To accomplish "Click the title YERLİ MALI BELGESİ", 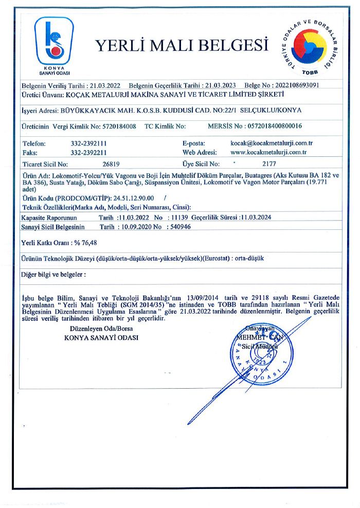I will click(182, 46).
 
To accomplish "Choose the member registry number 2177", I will click(269, 165).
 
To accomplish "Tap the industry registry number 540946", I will click(179, 226).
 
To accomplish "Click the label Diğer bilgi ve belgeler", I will click(52, 275).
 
